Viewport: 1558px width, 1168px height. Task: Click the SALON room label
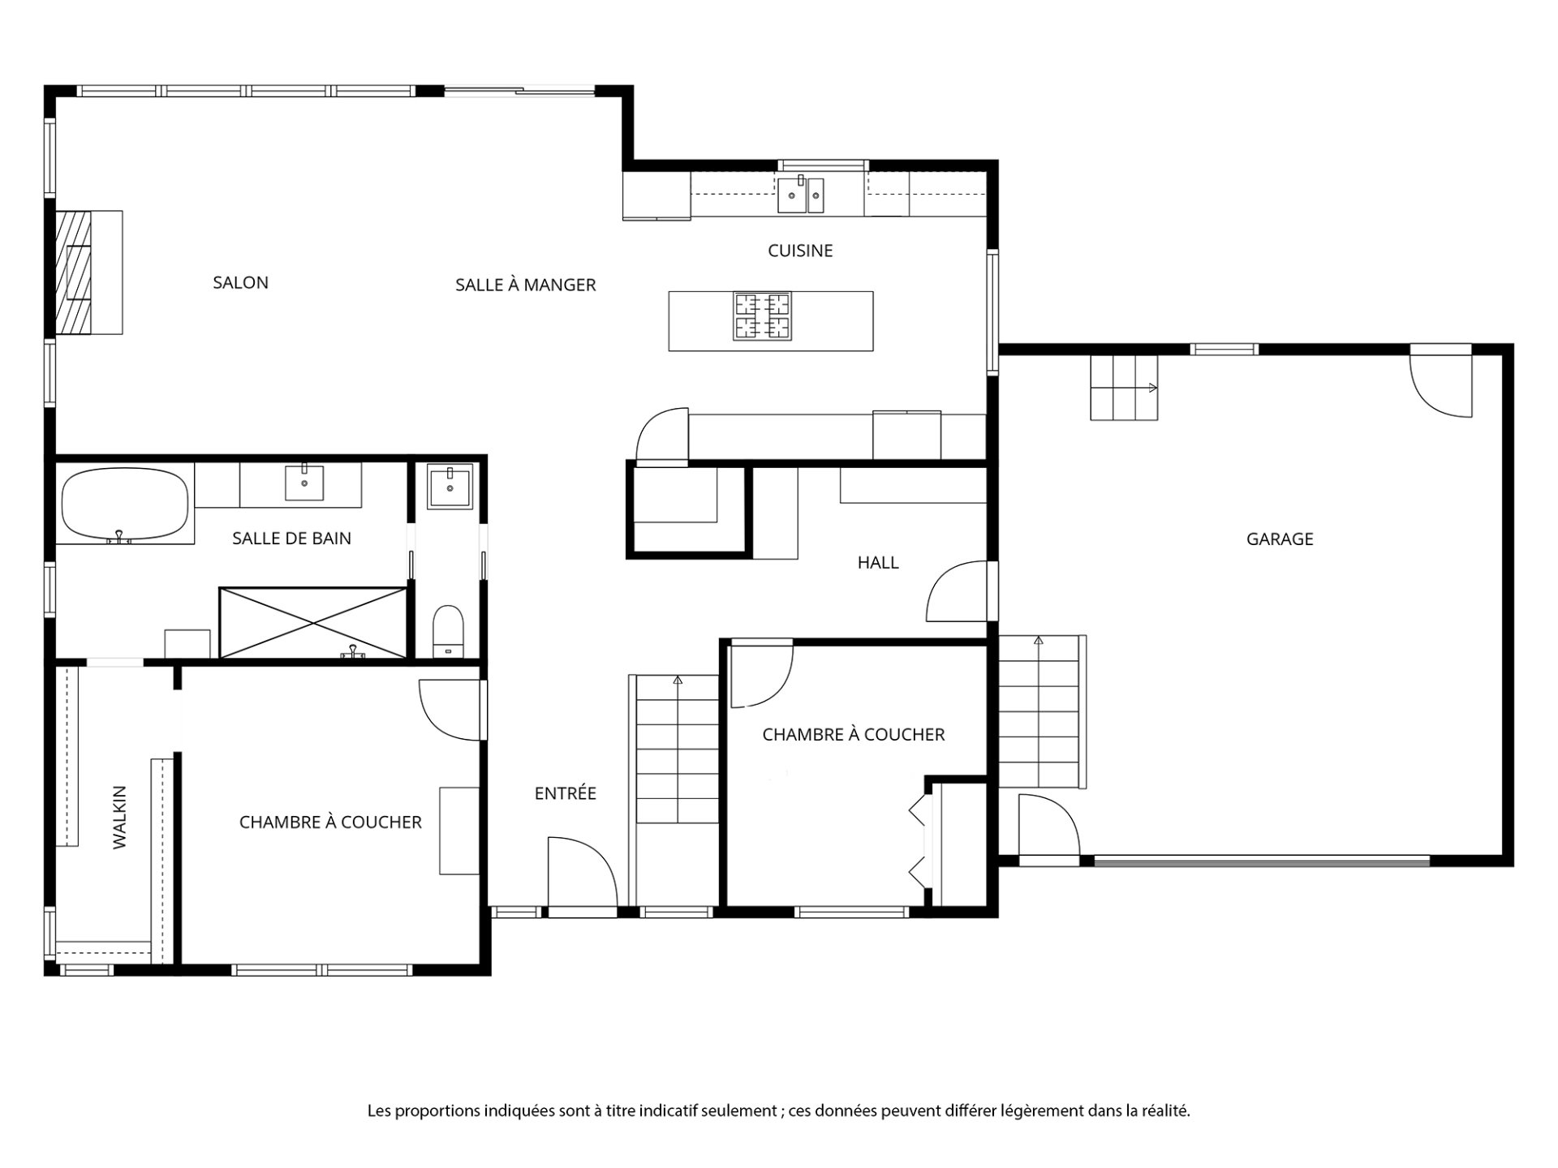tap(240, 282)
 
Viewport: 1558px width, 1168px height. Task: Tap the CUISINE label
tap(800, 251)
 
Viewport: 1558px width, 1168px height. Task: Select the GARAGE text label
tap(1280, 539)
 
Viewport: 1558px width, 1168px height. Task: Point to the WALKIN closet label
tap(120, 817)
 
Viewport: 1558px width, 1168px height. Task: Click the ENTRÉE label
tap(566, 793)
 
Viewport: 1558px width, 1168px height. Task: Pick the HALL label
tap(878, 562)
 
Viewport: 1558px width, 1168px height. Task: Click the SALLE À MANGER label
tap(526, 285)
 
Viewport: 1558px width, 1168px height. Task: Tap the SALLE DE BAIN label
tap(292, 538)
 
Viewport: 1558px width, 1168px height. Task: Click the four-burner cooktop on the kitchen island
tap(763, 316)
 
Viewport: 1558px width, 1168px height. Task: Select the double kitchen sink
tap(801, 195)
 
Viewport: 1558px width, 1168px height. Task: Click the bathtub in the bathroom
tap(126, 504)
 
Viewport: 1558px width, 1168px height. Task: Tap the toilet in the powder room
tap(447, 630)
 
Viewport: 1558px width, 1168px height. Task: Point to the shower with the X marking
tap(313, 623)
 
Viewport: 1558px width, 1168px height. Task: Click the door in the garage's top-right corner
tap(1440, 383)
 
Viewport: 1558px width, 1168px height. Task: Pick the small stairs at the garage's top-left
tap(1124, 389)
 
